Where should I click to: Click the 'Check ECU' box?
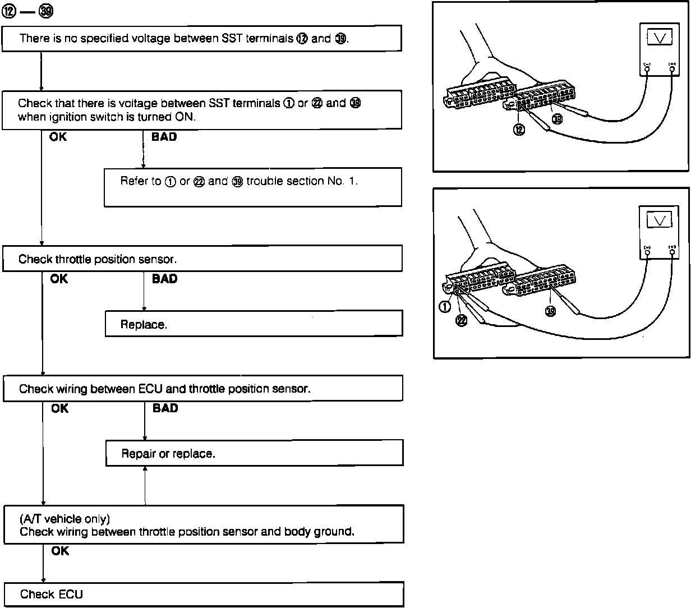tap(203, 595)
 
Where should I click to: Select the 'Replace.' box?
tap(254, 324)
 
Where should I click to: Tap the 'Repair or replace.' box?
tap(254, 453)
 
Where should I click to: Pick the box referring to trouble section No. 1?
tap(252, 187)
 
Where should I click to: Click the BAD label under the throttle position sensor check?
tap(164, 279)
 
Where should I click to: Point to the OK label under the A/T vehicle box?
tap(60, 551)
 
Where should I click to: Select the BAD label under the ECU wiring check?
tap(165, 408)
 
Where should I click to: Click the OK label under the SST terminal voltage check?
tap(58, 136)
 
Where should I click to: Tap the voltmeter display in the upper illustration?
tap(660, 38)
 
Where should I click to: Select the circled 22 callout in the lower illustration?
tap(461, 320)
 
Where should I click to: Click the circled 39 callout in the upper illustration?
tap(557, 118)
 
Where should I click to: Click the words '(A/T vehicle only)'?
tap(65, 519)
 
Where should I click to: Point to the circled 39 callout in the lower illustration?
tap(551, 311)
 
